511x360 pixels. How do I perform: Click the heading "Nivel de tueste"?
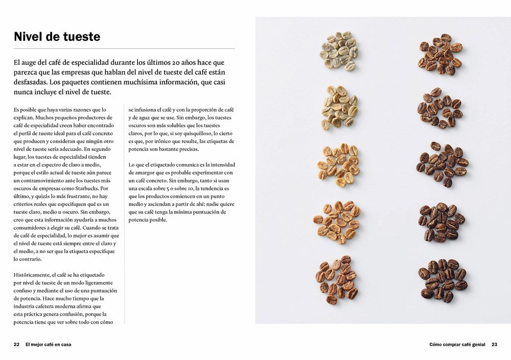(57, 37)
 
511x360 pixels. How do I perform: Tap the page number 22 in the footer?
(16, 344)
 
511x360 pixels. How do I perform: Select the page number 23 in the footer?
(494, 344)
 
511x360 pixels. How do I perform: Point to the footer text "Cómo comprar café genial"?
(458, 344)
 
